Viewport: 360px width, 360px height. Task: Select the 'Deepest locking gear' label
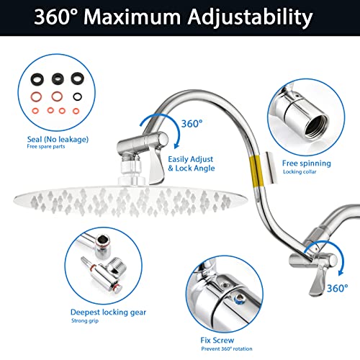pyautogui.click(x=108, y=312)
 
